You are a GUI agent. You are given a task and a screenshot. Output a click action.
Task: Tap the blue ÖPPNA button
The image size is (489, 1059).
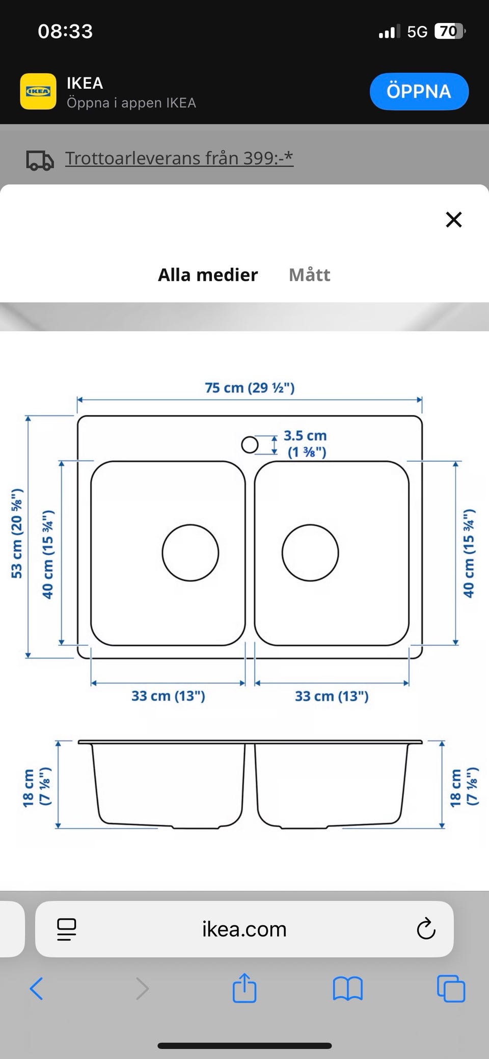point(419,91)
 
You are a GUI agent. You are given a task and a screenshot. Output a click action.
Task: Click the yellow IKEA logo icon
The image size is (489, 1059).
point(38,91)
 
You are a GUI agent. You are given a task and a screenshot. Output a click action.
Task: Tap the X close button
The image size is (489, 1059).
point(453,220)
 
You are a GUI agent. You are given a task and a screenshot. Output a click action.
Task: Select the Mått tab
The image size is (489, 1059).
point(310,275)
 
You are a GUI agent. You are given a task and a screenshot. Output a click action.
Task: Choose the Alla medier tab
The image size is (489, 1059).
point(208,275)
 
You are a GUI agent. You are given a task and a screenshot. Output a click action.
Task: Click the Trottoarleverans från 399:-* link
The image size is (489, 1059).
point(179,158)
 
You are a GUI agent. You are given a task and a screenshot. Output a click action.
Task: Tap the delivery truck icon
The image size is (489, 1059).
point(40,160)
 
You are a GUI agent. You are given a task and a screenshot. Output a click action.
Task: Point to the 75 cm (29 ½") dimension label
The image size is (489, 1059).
point(250,388)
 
